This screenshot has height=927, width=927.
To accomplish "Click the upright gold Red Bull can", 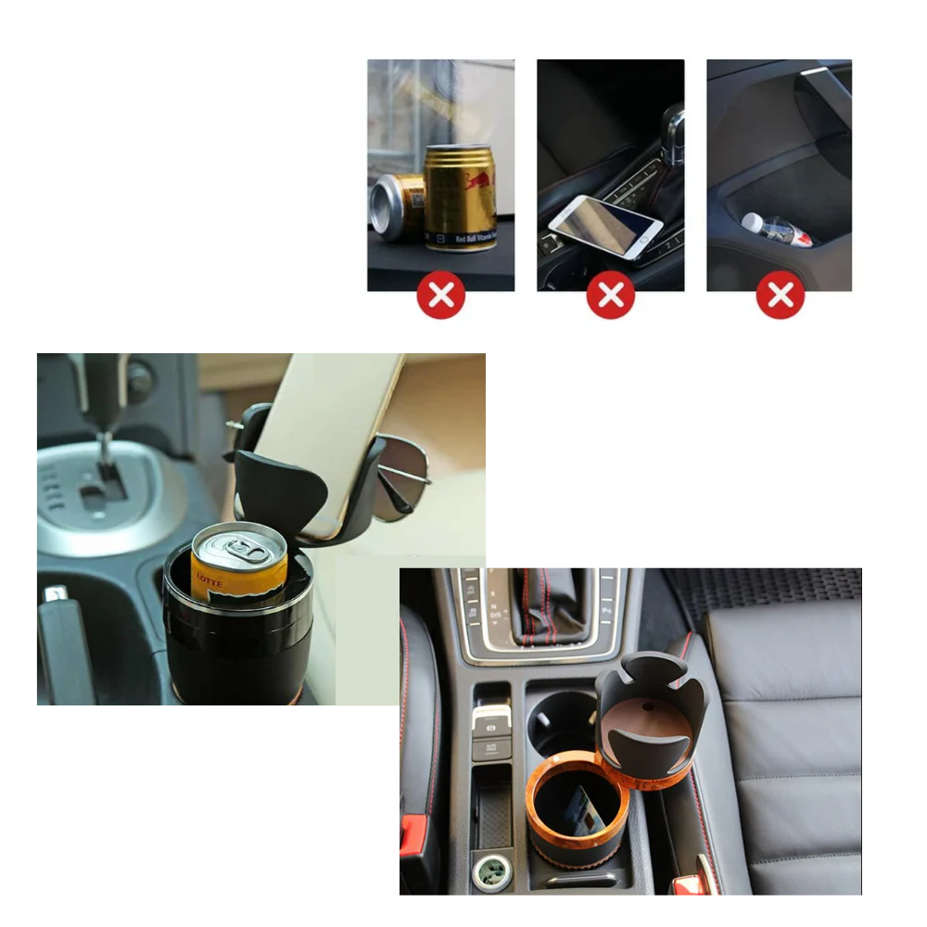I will (x=460, y=197).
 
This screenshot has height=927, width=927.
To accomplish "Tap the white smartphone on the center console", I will (x=605, y=225).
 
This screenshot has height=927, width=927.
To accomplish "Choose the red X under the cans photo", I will (x=440, y=295).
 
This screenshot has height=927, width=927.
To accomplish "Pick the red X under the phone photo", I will (x=610, y=295).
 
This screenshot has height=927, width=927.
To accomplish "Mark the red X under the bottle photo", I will (x=780, y=295).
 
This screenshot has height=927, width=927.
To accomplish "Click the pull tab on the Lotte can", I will (x=246, y=545).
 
